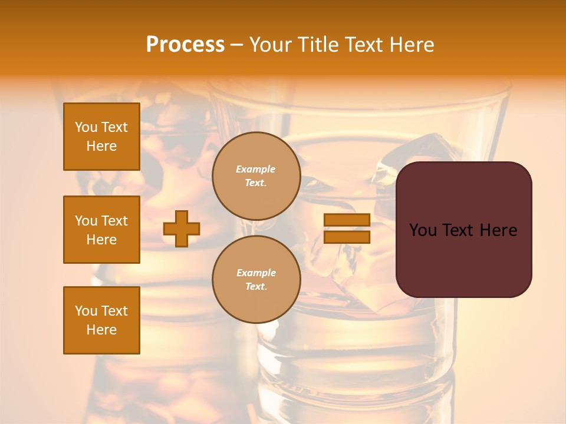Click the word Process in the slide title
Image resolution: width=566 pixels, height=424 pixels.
pyautogui.click(x=185, y=45)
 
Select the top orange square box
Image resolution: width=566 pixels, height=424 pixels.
pyautogui.click(x=101, y=137)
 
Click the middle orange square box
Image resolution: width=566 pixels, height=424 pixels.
pyautogui.click(x=101, y=230)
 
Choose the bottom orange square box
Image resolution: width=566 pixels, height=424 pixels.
pyautogui.click(x=101, y=320)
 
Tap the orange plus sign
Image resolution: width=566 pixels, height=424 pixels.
pyautogui.click(x=182, y=228)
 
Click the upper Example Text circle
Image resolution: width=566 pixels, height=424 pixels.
pyautogui.click(x=256, y=176)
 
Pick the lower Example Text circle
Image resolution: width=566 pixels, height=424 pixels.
pyautogui.click(x=256, y=280)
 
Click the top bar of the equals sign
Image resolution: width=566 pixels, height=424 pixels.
pyautogui.click(x=347, y=220)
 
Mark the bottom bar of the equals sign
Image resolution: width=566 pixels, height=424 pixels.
pyautogui.click(x=347, y=237)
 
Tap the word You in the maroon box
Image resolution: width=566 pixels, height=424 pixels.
pyautogui.click(x=423, y=230)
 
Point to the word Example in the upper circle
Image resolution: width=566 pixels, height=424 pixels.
pyautogui.click(x=256, y=169)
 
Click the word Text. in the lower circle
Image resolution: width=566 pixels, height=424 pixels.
pyautogui.click(x=256, y=286)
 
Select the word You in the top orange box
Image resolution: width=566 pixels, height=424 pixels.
pyautogui.click(x=86, y=127)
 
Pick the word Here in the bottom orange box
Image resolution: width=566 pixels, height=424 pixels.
pyautogui.click(x=101, y=330)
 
